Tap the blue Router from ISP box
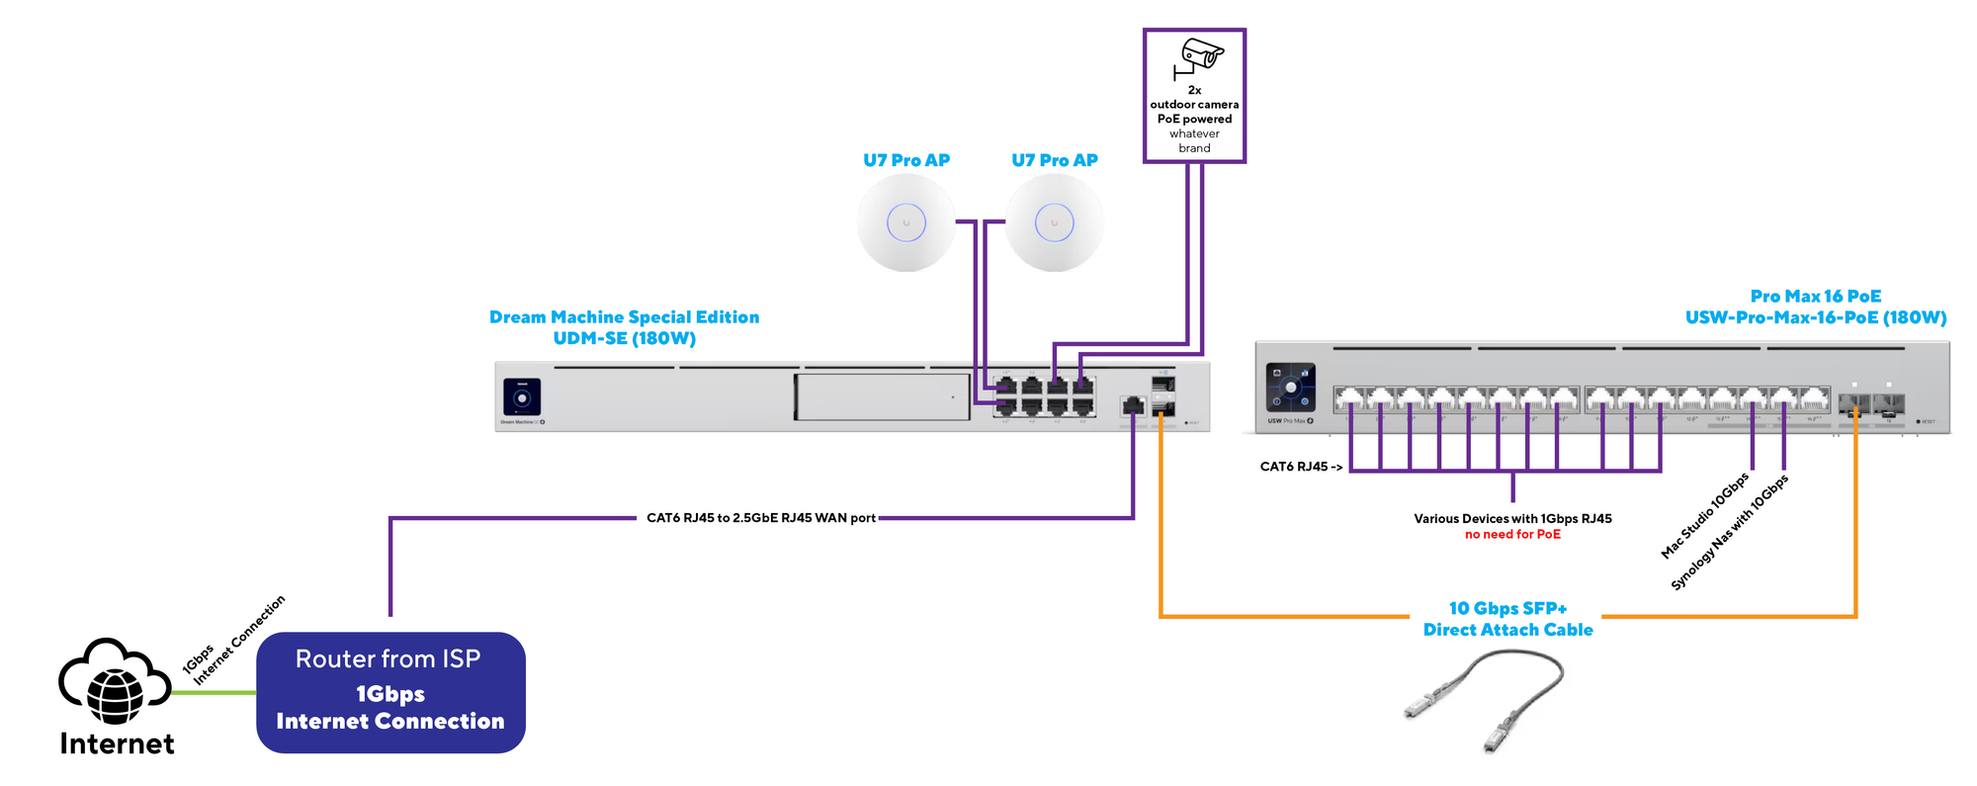tap(390, 692)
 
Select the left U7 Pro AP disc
tap(905, 222)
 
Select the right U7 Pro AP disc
tap(1054, 222)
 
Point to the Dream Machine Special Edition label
tap(624, 317)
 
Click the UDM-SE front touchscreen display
tap(522, 397)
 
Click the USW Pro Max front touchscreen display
tap(1290, 388)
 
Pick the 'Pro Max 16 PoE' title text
tap(1815, 297)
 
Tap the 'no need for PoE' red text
tap(1512, 535)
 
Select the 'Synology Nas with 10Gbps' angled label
tap(1729, 533)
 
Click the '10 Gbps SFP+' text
tap(1507, 608)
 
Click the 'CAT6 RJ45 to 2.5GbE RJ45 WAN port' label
tap(760, 518)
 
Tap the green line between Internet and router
tap(213, 692)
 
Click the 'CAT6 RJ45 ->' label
tap(1301, 467)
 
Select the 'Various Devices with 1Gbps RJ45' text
tap(1512, 519)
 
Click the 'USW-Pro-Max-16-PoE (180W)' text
tap(1815, 317)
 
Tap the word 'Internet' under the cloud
tap(117, 743)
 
